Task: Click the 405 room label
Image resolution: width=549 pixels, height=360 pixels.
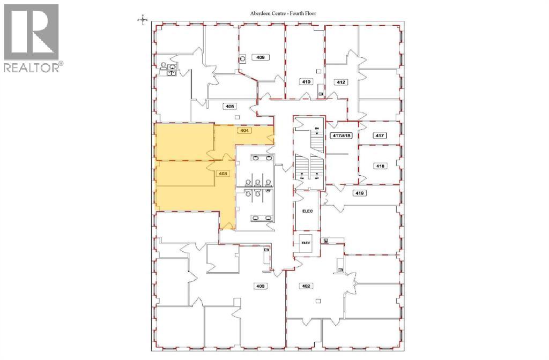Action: (x=229, y=107)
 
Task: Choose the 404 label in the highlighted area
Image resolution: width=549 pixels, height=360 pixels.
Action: (x=243, y=130)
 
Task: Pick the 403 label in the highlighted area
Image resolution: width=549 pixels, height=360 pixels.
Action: (x=224, y=174)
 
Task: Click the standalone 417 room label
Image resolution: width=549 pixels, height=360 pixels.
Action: (x=379, y=136)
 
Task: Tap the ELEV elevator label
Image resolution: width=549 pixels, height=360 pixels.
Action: (x=306, y=242)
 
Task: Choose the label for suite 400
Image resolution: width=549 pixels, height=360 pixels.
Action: (x=260, y=286)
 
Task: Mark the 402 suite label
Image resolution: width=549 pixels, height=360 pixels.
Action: (x=307, y=286)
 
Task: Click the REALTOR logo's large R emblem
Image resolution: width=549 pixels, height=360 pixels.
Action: (x=31, y=32)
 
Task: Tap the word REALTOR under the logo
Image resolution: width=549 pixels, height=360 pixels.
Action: (x=32, y=67)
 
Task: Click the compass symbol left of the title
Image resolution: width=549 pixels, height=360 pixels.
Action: (x=142, y=20)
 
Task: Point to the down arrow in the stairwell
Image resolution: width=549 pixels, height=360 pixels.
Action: (x=317, y=134)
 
